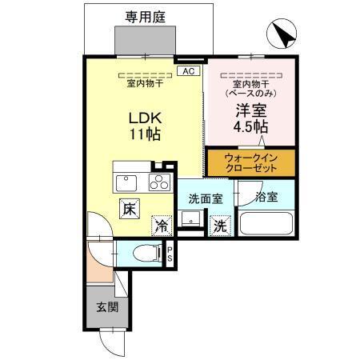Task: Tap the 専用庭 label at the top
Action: coord(145,15)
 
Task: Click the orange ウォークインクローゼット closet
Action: coord(250,162)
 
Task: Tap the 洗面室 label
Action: coord(206,198)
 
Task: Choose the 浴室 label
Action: coord(266,196)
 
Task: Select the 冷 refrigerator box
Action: coord(161,226)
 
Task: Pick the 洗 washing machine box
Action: coord(218,226)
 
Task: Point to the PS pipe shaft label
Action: coord(171,254)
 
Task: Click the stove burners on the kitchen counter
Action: coord(160,182)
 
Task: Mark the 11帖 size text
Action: coord(145,134)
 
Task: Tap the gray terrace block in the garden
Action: coord(145,39)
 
